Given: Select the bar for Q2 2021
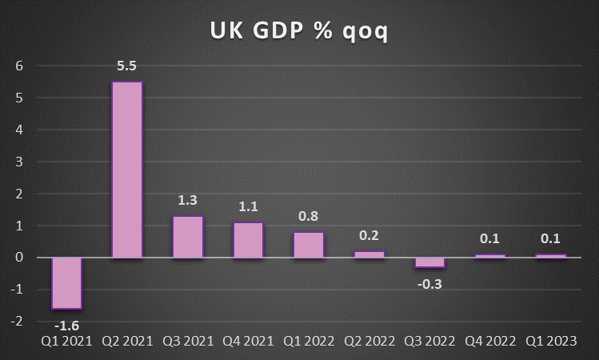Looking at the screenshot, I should pyautogui.click(x=127, y=170).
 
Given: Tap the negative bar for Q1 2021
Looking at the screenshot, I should pyautogui.click(x=66, y=283).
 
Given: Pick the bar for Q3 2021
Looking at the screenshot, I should pyautogui.click(x=188, y=237).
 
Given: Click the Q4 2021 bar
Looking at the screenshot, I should pyautogui.click(x=248, y=240).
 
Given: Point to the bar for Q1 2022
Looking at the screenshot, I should pyautogui.click(x=309, y=245).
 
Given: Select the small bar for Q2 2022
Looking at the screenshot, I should pyautogui.click(x=369, y=254).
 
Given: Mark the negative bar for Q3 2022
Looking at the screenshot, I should pyautogui.click(x=429, y=262).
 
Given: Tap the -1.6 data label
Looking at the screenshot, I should pyautogui.click(x=66, y=325).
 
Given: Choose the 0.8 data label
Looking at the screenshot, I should pyautogui.click(x=309, y=216).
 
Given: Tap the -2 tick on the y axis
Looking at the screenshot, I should pyautogui.click(x=17, y=322).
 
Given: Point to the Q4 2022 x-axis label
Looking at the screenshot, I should pyautogui.click(x=489, y=342).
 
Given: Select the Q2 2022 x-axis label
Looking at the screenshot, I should pyautogui.click(x=369, y=342).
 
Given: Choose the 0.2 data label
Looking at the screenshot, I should pyautogui.click(x=369, y=235).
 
